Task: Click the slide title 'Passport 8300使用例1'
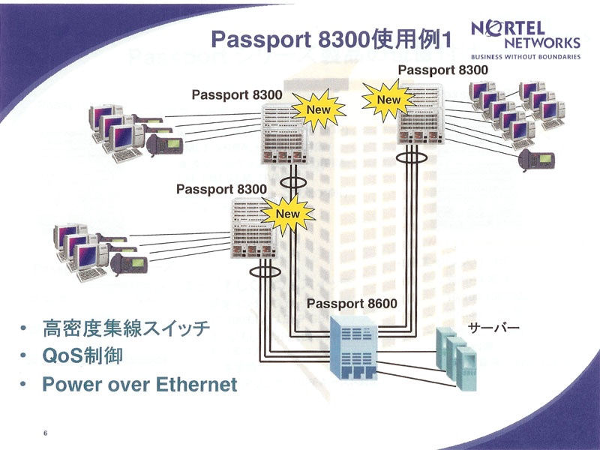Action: tap(331, 40)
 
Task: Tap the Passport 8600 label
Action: tap(352, 304)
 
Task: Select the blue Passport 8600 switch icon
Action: tap(353, 347)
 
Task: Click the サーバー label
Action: tap(494, 328)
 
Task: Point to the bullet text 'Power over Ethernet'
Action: tap(139, 384)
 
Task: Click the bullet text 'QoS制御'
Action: tap(82, 355)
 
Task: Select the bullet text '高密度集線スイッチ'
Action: tap(126, 328)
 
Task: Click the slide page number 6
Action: tap(46, 433)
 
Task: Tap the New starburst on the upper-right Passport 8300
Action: tap(388, 100)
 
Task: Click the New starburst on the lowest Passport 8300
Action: tap(288, 214)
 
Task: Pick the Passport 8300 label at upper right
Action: tap(443, 70)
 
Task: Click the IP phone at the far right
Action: tap(535, 159)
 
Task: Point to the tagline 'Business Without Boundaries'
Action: tap(526, 57)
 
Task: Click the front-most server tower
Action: tap(466, 369)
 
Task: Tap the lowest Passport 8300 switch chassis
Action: tap(253, 228)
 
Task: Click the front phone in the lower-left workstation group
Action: tap(129, 264)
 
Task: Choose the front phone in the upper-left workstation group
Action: tap(164, 144)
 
